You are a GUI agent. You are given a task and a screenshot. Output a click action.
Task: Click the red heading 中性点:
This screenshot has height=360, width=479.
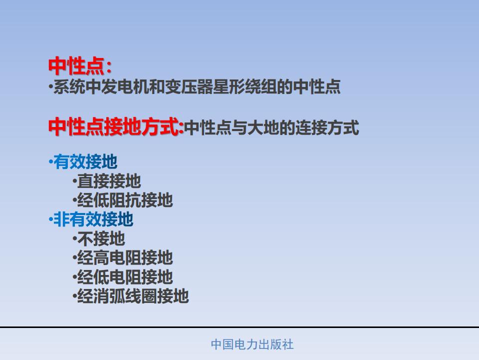[x=80, y=66]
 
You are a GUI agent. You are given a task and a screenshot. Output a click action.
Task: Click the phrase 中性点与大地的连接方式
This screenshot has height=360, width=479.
[x=271, y=127]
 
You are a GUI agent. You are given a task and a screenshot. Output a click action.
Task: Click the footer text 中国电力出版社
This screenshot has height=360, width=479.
[x=252, y=344]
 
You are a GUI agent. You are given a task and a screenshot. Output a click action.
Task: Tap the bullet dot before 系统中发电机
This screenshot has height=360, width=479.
[x=50, y=86]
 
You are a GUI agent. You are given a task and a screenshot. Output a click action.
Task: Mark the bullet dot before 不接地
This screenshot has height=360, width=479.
[x=74, y=238]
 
